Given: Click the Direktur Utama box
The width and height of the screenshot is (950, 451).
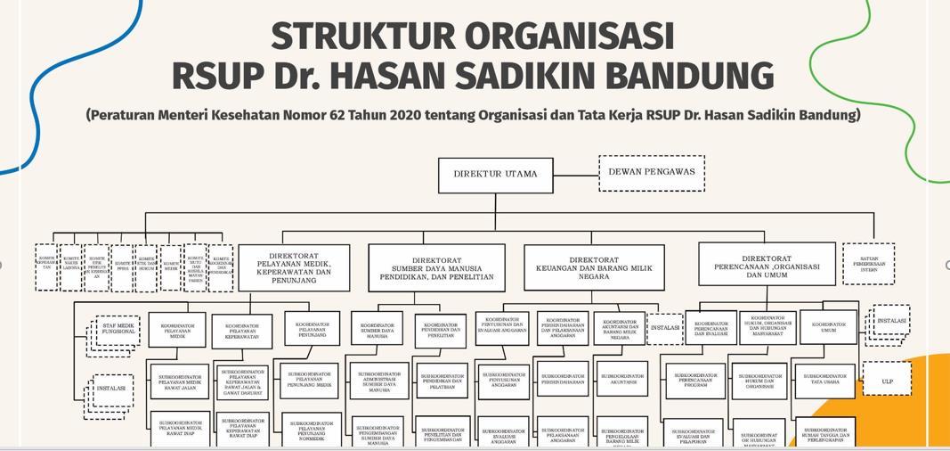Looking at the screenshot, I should pyautogui.click(x=495, y=175).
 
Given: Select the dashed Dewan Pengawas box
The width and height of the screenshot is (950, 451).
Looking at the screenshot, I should pyautogui.click(x=651, y=173).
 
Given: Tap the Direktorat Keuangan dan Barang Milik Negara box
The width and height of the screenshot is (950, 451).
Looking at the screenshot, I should pyautogui.click(x=594, y=267).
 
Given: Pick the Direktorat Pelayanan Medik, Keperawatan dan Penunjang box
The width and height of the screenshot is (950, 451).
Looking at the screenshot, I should pyautogui.click(x=294, y=268).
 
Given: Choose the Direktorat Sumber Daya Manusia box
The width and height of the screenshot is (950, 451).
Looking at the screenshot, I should pyautogui.click(x=436, y=267).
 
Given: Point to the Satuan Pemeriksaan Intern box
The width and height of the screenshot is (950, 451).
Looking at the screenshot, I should pyautogui.click(x=868, y=264).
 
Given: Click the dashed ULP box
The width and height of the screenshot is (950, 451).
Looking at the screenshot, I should pyautogui.click(x=887, y=381).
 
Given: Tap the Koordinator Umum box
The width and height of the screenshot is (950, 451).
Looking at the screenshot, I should pyautogui.click(x=828, y=327).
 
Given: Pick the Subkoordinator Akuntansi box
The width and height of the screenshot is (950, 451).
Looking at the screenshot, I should pyautogui.click(x=621, y=378).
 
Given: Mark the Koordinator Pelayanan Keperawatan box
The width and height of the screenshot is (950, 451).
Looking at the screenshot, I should pyautogui.click(x=241, y=331).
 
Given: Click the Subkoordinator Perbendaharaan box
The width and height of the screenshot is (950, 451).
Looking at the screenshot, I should pyautogui.click(x=562, y=378).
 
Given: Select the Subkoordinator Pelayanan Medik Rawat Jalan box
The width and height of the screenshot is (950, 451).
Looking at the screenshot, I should pyautogui.click(x=180, y=381).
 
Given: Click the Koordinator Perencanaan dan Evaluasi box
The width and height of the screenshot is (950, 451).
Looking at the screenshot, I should pyautogui.click(x=710, y=328).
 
